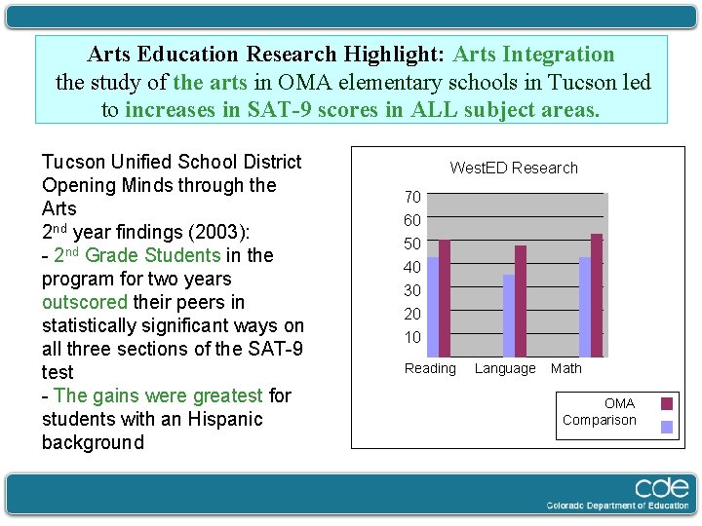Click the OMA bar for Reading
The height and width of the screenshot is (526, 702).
click(x=445, y=298)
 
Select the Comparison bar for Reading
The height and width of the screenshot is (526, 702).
click(x=433, y=307)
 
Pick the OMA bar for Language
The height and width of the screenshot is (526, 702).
click(x=521, y=301)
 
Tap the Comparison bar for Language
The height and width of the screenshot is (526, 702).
click(x=509, y=316)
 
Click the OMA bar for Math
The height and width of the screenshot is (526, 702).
click(x=597, y=295)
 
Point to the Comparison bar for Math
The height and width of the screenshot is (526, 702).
click(x=585, y=307)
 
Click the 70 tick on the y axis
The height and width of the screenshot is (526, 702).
click(x=412, y=197)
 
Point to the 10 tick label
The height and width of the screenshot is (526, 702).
click(x=412, y=337)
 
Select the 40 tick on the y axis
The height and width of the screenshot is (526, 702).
click(x=412, y=267)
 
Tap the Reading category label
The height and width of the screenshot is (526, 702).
click(x=430, y=368)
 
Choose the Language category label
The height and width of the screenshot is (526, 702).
click(x=505, y=368)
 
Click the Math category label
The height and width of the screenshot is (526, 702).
click(x=565, y=368)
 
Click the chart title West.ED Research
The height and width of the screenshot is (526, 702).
click(x=514, y=168)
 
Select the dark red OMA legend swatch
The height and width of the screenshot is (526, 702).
click(x=667, y=403)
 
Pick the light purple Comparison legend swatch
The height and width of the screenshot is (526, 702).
click(x=667, y=426)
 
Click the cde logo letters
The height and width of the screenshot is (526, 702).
click(x=660, y=487)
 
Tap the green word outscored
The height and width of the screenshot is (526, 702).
click(x=84, y=302)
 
